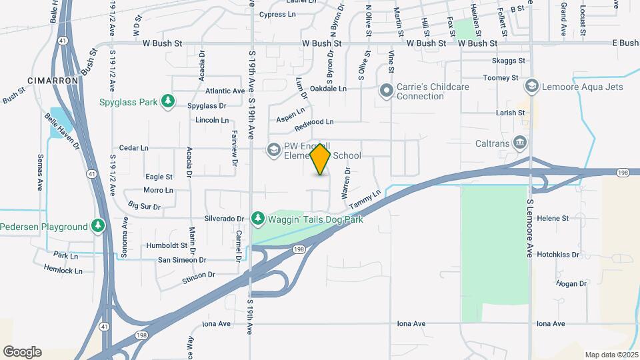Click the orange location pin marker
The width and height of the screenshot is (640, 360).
321,159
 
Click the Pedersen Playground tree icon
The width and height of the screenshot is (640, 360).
98,227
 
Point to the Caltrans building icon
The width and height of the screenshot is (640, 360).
521,141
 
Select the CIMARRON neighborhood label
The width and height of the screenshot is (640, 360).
53,80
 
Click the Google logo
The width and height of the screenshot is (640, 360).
22,351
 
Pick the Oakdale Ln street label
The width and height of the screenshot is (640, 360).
329,88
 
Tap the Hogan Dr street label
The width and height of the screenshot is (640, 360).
571,283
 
